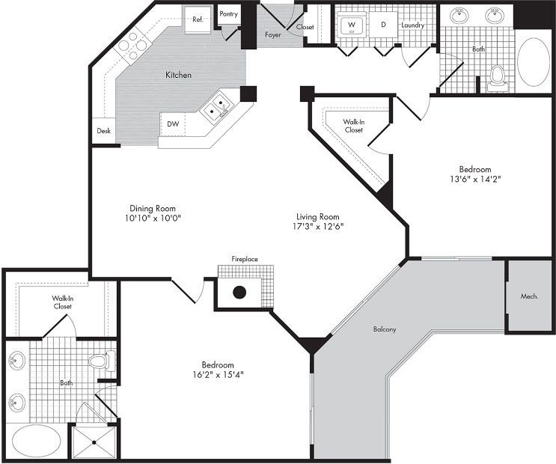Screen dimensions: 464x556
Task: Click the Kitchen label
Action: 178,75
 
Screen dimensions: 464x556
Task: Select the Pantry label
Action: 228,14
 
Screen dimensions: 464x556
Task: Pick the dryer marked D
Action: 383,25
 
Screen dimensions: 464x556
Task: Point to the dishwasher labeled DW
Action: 172,124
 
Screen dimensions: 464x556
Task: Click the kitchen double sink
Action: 218,108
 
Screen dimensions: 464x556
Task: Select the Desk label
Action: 103,131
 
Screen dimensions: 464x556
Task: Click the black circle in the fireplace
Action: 240,293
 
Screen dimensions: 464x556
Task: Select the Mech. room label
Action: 531,296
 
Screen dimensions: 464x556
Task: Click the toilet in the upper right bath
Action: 498,76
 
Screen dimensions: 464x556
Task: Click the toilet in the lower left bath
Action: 100,362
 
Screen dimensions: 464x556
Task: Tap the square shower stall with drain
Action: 94,441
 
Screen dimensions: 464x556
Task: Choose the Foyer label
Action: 272,34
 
